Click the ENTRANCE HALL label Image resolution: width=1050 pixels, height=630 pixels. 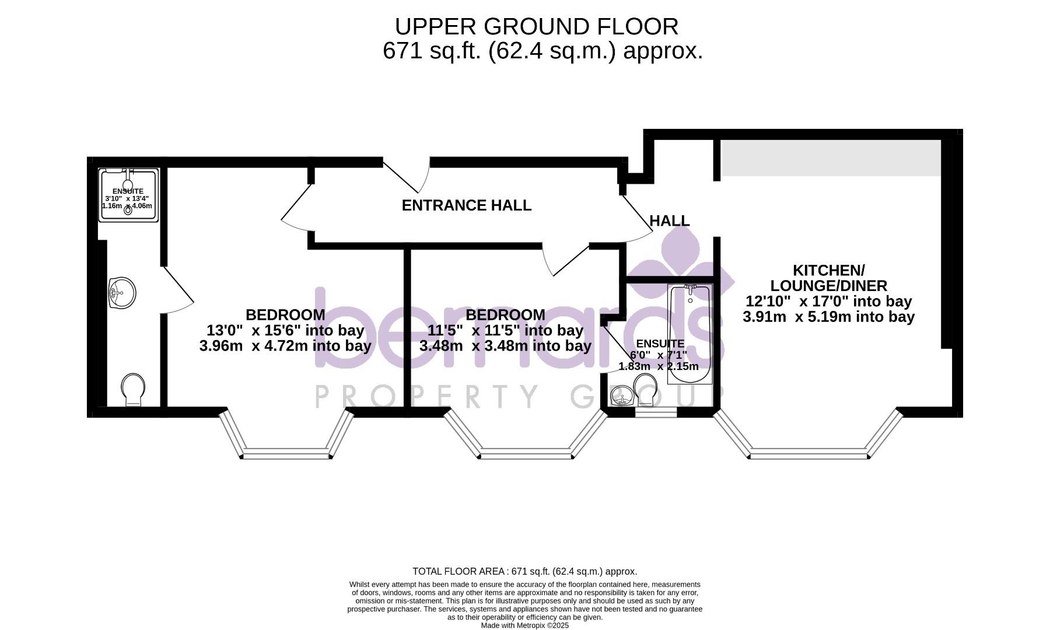[466, 205]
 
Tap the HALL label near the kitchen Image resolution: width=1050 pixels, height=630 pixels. [669, 221]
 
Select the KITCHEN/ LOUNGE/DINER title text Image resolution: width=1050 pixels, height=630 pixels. [828, 278]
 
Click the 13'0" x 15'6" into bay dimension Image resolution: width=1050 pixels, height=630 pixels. [285, 330]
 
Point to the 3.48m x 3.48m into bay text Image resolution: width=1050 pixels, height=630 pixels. [505, 346]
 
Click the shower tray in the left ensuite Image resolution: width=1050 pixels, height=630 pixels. [128, 195]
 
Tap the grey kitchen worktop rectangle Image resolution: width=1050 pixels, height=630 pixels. [831, 157]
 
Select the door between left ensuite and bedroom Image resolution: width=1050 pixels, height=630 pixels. [178, 292]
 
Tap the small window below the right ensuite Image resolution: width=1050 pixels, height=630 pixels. [656, 412]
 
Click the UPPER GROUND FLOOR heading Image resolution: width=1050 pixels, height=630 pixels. [536, 27]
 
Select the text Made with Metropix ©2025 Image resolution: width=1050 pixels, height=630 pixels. [524, 625]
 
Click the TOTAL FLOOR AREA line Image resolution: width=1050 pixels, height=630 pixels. [524, 572]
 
